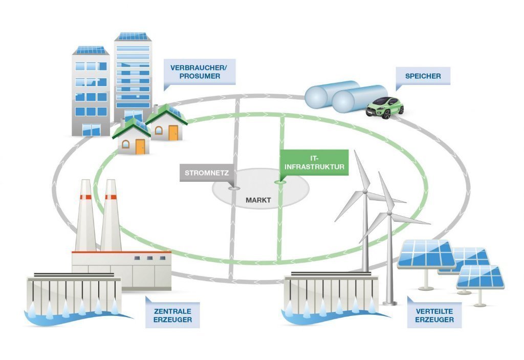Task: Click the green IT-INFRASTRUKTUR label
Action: (x=314, y=163)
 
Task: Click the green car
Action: (x=385, y=108)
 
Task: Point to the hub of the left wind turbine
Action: (x=365, y=192)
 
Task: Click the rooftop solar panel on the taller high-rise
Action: (x=133, y=36)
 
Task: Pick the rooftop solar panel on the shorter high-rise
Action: (x=91, y=50)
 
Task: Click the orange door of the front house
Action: (x=140, y=146)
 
